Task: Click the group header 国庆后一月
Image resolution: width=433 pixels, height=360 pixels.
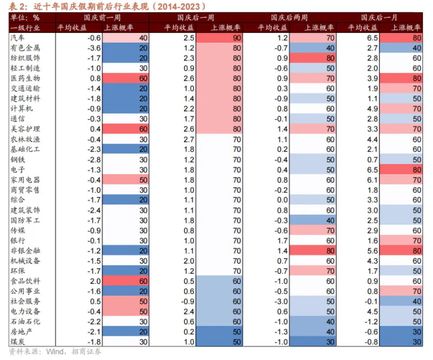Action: pyautogui.click(x=379, y=18)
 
